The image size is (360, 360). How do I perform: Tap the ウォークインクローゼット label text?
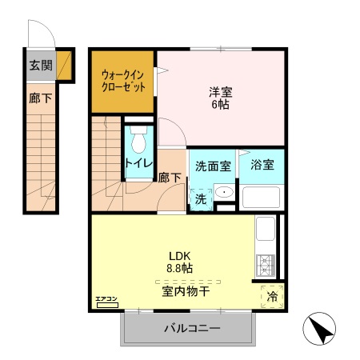[122, 82]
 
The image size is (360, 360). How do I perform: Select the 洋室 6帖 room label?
[219, 97]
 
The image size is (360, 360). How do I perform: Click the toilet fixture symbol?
[138, 141]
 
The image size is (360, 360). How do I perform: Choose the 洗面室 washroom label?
[213, 166]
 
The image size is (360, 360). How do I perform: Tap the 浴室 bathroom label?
[262, 166]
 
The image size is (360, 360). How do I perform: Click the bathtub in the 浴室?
[262, 197]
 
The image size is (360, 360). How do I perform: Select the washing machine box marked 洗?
[200, 198]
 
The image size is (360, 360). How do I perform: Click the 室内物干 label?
[186, 292]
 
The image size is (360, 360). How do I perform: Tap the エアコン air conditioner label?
[106, 300]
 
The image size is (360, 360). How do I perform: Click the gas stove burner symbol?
[266, 262]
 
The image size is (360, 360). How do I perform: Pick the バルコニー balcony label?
[193, 328]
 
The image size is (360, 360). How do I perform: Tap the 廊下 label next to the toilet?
[168, 178]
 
